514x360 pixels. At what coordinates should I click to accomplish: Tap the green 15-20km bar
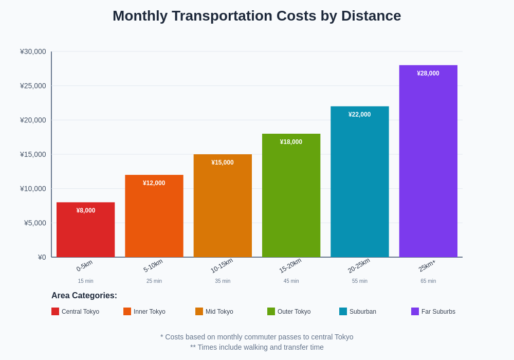pos(291,201)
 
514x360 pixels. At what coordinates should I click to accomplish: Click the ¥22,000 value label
pos(359,115)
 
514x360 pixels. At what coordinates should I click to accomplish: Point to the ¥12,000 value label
pos(154,183)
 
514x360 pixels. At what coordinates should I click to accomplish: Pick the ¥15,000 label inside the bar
pos(222,163)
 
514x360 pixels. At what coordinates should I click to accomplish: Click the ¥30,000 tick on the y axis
pos(33,51)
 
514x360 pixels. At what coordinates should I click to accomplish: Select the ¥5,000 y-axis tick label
pos(35,223)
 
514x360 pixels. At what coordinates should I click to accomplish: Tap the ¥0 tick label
pos(42,257)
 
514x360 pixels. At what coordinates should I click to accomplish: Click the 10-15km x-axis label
pos(222,265)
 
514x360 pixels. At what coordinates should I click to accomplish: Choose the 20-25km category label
pos(359,265)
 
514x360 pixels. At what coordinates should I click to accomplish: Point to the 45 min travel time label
pos(291,281)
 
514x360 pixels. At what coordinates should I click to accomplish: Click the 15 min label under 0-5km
pos(85,281)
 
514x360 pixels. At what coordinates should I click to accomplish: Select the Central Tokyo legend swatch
pos(55,311)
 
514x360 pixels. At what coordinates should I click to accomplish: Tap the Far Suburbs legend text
pos(438,312)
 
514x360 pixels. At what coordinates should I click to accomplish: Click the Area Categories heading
pos(84,296)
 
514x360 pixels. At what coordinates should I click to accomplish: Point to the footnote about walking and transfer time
pos(257,347)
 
